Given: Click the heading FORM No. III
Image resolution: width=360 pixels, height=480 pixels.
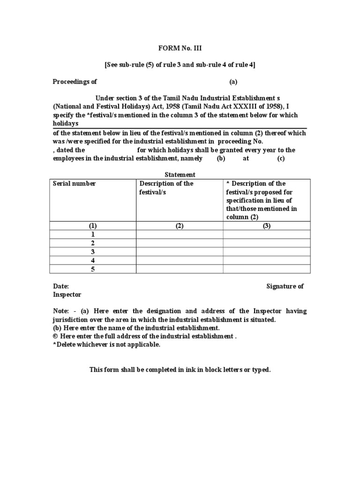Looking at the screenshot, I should (x=180, y=48).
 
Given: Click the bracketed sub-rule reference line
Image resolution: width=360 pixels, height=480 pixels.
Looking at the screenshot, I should (x=180, y=65).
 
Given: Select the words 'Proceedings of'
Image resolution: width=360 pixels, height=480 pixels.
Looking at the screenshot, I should (x=75, y=82).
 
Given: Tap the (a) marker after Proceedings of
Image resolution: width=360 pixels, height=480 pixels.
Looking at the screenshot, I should (x=233, y=82).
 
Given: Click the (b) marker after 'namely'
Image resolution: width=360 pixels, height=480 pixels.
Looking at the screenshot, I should (x=221, y=158).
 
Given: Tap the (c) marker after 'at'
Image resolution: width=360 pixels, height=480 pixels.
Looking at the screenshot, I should (x=281, y=158).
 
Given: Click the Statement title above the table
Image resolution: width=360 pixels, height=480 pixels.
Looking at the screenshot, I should (x=180, y=175).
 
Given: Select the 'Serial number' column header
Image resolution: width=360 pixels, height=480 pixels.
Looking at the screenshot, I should (x=74, y=183).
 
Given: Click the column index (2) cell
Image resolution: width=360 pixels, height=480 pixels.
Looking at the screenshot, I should (x=180, y=225).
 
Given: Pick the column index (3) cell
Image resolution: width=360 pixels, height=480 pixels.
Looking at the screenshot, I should (x=266, y=225).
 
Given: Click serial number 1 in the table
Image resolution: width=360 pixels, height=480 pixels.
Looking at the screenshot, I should (x=93, y=234).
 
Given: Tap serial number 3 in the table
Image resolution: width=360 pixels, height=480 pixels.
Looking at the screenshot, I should (x=93, y=252).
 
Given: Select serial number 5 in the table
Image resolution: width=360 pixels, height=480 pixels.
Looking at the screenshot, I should (x=93, y=269).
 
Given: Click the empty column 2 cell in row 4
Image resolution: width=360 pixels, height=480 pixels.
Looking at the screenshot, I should (x=180, y=260).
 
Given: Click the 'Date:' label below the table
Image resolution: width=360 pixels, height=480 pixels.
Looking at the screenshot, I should (x=61, y=286).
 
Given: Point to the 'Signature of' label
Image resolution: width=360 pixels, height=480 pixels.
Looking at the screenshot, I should (x=285, y=286).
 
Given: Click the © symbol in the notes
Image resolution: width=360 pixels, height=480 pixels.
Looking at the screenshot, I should (x=55, y=337).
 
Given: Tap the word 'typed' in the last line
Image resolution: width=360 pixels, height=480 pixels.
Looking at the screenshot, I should (x=261, y=370).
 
